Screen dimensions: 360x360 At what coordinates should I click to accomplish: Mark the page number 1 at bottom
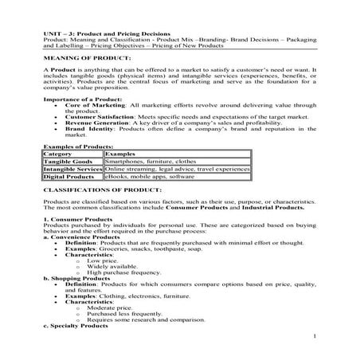pos(316,337)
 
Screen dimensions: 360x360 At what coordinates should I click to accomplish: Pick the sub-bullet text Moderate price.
pos(106,306)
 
